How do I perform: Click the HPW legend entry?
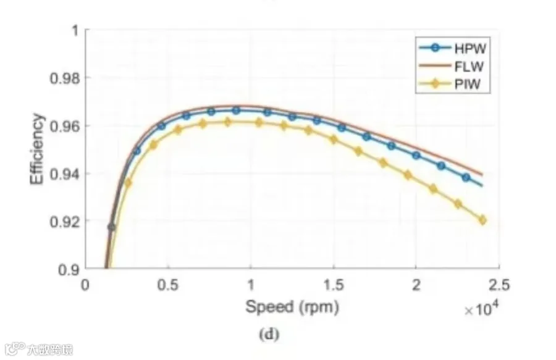[452, 48]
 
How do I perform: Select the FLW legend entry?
[452, 66]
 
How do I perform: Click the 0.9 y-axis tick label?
[69, 270]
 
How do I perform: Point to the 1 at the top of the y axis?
[75, 30]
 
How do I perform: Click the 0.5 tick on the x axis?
[167, 285]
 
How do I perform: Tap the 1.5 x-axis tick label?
[334, 285]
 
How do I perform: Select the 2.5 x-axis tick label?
[499, 285]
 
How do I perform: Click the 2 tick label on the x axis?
[416, 285]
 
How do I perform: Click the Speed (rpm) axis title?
[292, 307]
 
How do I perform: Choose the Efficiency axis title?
[37, 149]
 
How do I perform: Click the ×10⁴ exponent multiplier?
[481, 308]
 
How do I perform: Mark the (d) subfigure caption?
[269, 334]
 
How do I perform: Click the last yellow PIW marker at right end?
[482, 220]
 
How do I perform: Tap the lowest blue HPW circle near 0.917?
[111, 227]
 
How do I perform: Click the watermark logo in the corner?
[15, 349]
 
